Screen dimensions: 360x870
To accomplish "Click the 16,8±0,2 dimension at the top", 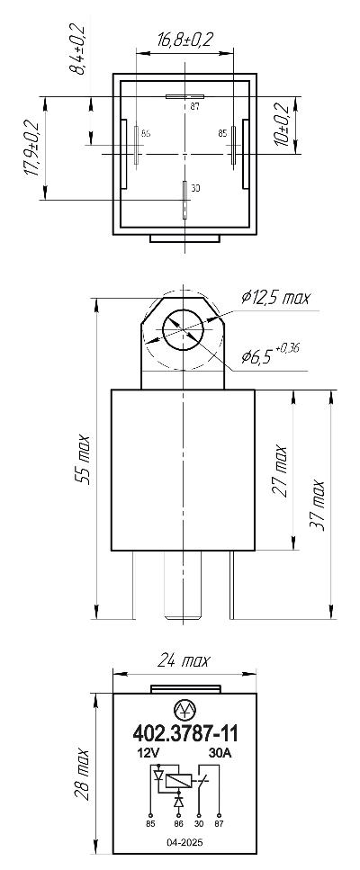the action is coord(185,40).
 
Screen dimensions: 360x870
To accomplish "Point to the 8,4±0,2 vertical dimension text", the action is coord(76,49).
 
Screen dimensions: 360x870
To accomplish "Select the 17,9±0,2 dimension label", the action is coord(32,148).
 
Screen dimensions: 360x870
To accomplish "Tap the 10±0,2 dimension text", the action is coord(284,125).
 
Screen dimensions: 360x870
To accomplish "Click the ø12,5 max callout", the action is coord(275,298).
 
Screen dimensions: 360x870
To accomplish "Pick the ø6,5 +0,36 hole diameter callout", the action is coord(270,354).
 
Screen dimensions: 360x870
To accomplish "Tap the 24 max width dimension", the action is coord(184,660).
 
